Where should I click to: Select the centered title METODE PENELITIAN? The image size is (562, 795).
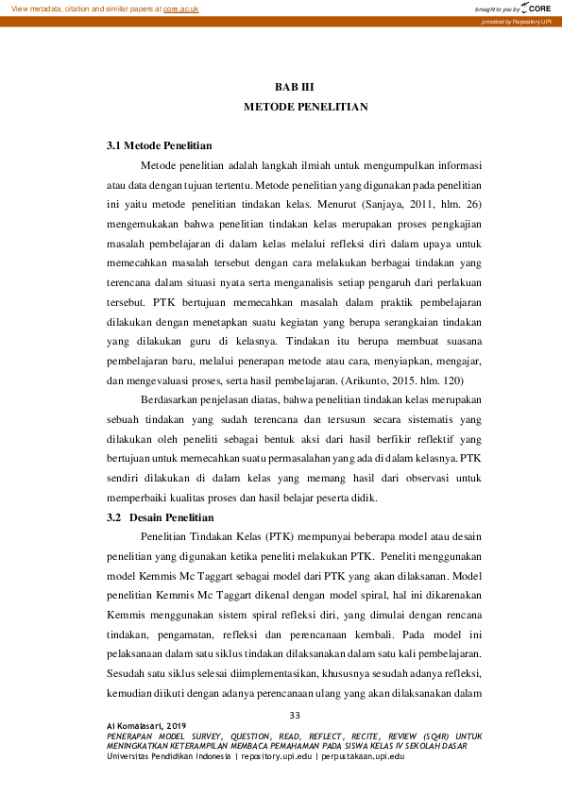305,109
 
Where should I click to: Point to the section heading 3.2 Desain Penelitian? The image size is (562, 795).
160,517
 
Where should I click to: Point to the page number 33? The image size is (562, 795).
294,714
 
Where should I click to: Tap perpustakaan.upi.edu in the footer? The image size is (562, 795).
364,756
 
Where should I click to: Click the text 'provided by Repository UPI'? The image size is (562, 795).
516,21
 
